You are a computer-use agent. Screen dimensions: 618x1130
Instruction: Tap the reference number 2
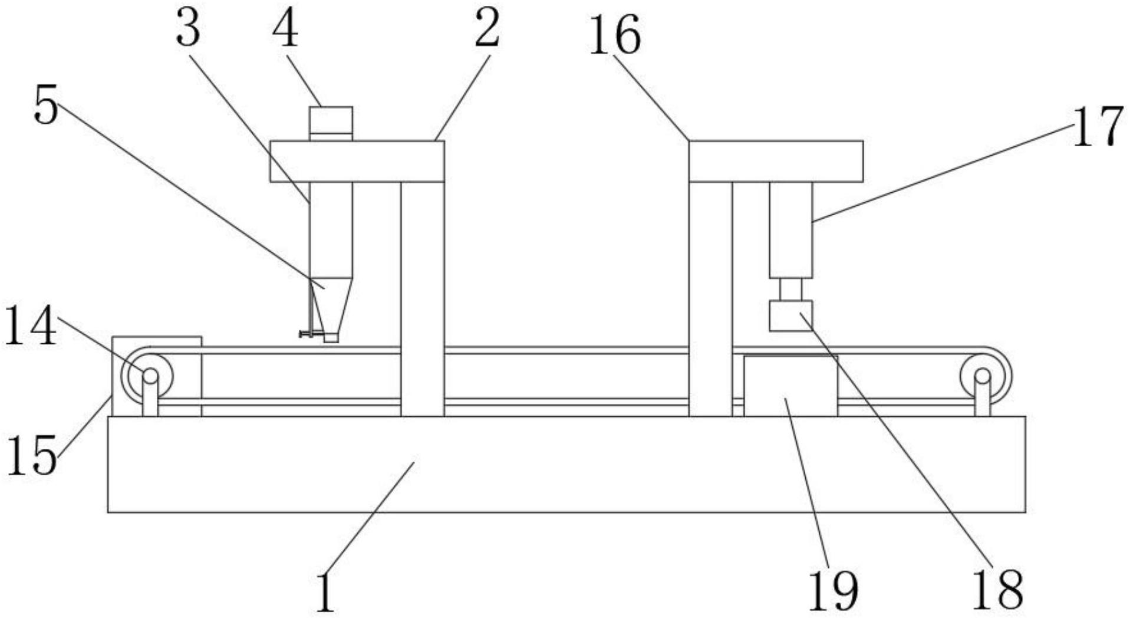pyautogui.click(x=487, y=29)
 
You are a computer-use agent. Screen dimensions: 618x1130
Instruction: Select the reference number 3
pyautogui.click(x=188, y=29)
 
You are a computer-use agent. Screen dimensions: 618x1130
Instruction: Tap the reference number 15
pyautogui.click(x=32, y=455)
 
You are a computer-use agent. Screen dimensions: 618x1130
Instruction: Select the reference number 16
pyautogui.click(x=615, y=36)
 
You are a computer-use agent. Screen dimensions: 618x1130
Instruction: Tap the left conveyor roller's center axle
pyautogui.click(x=150, y=376)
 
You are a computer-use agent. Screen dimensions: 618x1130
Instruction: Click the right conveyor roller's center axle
pyautogui.click(x=982, y=376)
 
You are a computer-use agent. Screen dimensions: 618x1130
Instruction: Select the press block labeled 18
pyautogui.click(x=790, y=315)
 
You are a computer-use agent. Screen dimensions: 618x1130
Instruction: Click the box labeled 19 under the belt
pyautogui.click(x=790, y=386)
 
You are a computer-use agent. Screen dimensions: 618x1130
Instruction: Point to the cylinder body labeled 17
pyautogui.click(x=790, y=229)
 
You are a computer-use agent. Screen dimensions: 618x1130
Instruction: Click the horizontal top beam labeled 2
pyautogui.click(x=357, y=161)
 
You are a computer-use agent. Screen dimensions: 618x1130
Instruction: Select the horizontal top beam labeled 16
pyautogui.click(x=776, y=161)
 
